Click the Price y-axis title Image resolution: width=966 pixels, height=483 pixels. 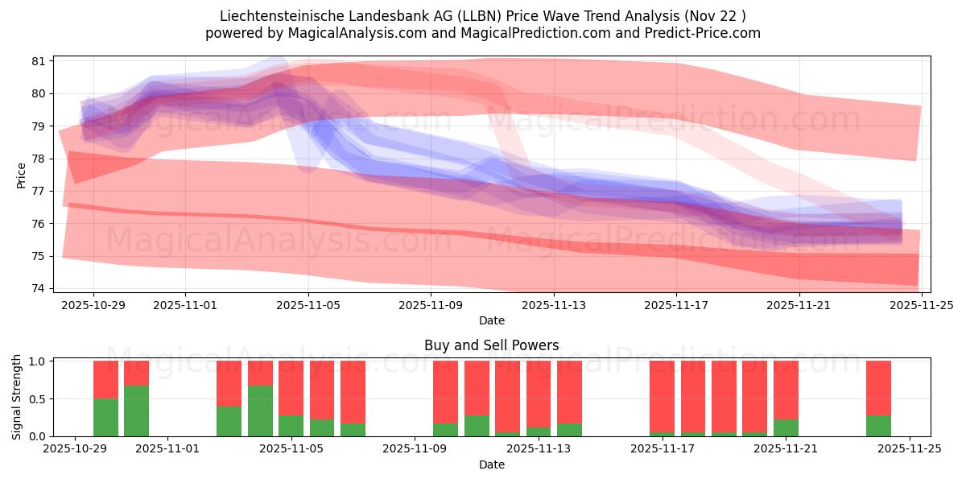[x=21, y=175]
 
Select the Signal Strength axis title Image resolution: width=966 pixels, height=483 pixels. [x=17, y=397]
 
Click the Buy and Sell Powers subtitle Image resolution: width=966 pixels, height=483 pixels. [x=491, y=345]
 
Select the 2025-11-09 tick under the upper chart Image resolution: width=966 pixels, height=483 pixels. [x=431, y=305]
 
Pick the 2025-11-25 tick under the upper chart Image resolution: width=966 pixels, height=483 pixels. [x=922, y=305]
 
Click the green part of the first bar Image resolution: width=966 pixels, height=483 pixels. [x=105, y=417]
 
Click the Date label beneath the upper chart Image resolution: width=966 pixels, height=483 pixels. [x=491, y=320]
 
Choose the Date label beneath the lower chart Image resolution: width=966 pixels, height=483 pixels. [x=491, y=464]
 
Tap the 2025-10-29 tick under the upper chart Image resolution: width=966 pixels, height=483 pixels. [x=93, y=305]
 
